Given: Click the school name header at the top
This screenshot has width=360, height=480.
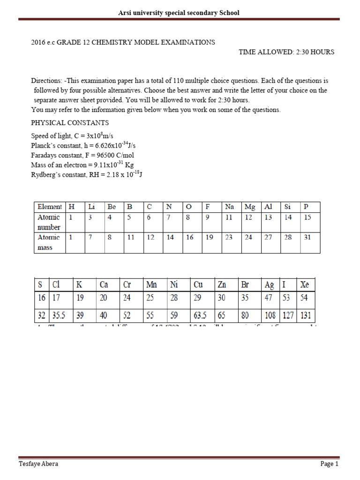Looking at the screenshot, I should (x=179, y=13).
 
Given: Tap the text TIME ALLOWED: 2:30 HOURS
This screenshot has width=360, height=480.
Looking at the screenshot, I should (x=286, y=52).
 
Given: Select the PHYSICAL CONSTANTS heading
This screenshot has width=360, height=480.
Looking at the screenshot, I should (x=70, y=123).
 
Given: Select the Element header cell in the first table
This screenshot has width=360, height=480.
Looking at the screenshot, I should (x=50, y=207).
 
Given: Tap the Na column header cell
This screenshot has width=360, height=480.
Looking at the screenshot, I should (x=229, y=207).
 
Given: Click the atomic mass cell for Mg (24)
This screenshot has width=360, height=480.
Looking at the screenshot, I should (x=248, y=237).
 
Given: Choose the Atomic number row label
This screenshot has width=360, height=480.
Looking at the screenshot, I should (x=49, y=222).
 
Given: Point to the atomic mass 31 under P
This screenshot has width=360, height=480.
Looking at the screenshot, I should (x=307, y=237).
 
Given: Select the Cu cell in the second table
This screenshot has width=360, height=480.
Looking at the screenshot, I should (x=198, y=285).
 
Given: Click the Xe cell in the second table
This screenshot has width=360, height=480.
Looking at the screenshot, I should (x=305, y=285).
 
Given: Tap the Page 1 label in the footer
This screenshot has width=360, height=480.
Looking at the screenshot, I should (x=329, y=464).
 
